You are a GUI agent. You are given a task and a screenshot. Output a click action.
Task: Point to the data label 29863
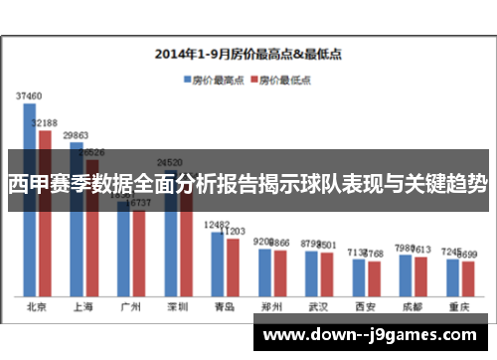[77, 134]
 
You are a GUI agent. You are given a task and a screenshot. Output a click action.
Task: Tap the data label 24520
[170, 162]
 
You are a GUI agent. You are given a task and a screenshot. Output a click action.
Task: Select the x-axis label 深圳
[177, 306]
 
